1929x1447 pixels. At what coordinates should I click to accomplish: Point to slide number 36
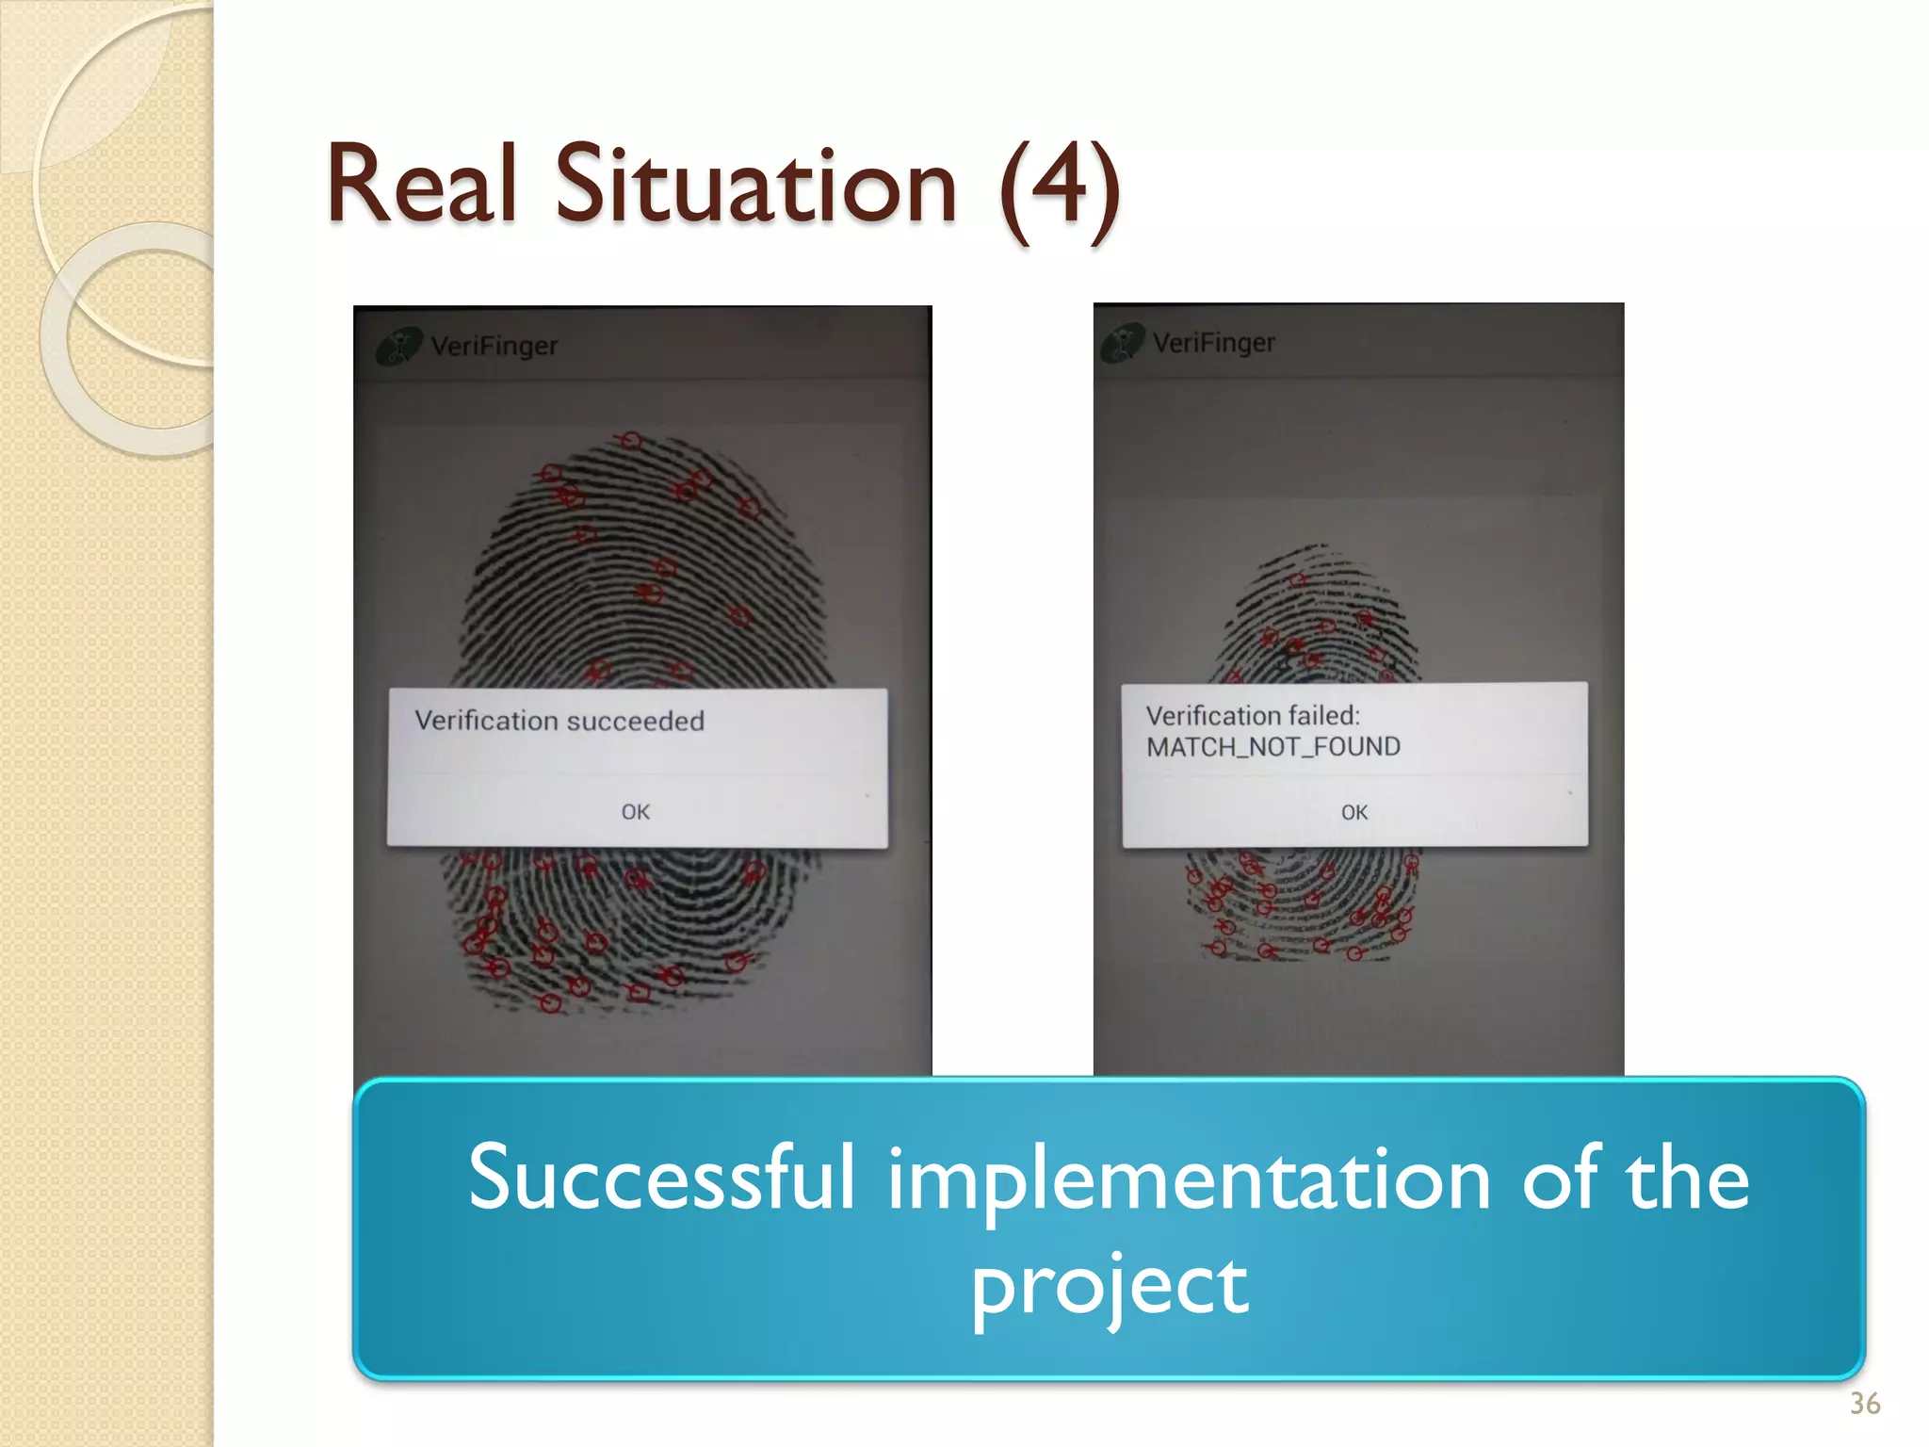[x=1865, y=1404]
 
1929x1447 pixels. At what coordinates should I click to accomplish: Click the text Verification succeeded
[x=559, y=721]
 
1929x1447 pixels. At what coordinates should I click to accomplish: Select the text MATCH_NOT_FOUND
[x=1272, y=747]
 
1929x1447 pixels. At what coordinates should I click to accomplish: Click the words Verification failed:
[x=1253, y=715]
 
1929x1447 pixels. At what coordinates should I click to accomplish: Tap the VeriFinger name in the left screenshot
[x=494, y=346]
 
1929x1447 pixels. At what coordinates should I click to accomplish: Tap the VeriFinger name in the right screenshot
[x=1214, y=342]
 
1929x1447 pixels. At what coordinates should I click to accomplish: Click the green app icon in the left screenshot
[x=398, y=347]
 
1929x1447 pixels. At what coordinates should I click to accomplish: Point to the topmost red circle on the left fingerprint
[x=631, y=440]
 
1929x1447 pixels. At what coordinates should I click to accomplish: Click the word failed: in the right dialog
[x=1323, y=715]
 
